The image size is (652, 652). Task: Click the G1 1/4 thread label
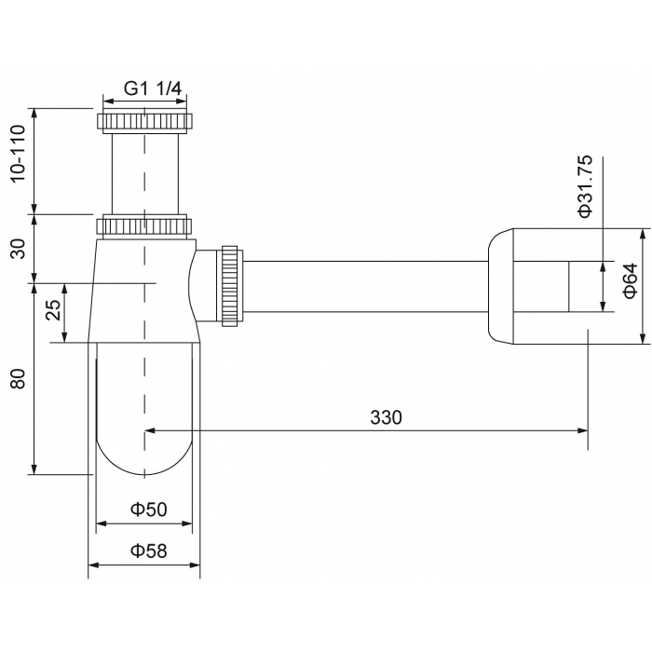point(153,88)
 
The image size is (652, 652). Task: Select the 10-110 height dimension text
point(18,154)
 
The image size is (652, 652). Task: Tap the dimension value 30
point(18,249)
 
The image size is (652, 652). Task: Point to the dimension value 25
point(53,310)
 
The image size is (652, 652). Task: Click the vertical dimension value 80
point(18,379)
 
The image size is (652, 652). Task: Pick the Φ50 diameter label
point(148,509)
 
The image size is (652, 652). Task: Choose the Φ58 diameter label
point(148,551)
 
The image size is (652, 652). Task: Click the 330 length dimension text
point(386,417)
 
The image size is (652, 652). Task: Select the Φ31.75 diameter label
point(585,186)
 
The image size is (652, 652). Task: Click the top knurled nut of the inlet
point(144,120)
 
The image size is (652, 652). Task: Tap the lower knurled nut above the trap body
point(144,226)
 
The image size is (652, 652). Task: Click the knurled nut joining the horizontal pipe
point(229,286)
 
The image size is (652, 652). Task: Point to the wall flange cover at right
point(501,286)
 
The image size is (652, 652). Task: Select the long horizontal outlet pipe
point(365,286)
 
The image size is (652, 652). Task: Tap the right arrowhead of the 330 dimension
point(583,430)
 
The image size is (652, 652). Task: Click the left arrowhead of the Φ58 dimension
point(93,565)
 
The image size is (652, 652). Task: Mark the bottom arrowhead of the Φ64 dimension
point(643,339)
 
